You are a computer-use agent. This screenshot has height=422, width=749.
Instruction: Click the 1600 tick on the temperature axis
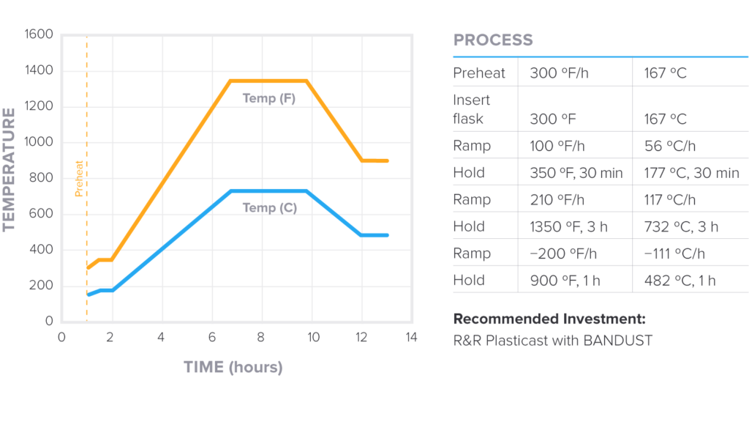coord(39,34)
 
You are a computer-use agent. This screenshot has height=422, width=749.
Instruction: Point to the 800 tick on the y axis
coord(42,178)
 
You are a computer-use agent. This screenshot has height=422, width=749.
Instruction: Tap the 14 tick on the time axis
coord(411,338)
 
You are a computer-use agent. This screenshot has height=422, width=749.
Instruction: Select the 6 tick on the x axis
coord(211,338)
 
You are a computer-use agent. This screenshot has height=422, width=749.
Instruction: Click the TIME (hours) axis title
coord(233,367)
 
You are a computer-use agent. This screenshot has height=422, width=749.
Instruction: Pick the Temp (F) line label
coord(269,98)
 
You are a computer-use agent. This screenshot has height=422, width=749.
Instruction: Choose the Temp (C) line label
coord(269,208)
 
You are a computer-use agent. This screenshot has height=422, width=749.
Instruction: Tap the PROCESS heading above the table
coord(493,40)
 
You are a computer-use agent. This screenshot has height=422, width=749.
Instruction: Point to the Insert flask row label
coord(472,109)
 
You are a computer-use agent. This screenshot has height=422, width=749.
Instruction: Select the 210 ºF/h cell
coord(555,200)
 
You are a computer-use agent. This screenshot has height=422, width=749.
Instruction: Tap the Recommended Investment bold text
coord(549,319)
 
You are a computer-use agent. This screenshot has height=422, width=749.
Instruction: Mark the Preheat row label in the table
coord(479,73)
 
